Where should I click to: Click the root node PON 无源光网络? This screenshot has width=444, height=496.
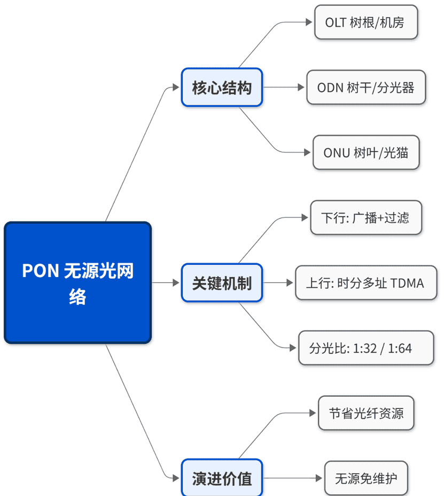coord(77,282)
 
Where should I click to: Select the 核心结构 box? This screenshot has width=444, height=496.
coord(222,87)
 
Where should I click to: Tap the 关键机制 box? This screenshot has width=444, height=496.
coord(222,282)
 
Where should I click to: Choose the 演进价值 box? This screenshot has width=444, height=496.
coord(222,478)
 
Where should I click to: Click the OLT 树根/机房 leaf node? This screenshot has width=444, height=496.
coord(365,22)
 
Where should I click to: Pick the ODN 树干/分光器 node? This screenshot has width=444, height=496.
coord(366,87)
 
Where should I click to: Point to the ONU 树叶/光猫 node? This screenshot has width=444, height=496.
coord(366,152)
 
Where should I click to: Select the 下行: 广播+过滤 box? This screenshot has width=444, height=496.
coord(366,217)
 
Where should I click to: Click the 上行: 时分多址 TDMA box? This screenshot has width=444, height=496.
coord(366,282)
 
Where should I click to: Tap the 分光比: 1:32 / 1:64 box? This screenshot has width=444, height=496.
coord(366,348)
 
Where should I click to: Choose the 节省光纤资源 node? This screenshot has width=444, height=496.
coord(366,413)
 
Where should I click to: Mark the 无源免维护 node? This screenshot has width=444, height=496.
coord(366,478)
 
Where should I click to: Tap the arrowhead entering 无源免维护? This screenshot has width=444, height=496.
coord(320,478)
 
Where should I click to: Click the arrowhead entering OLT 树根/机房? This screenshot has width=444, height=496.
coord(309,22)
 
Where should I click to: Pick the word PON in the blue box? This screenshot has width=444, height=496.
coord(40,271)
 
